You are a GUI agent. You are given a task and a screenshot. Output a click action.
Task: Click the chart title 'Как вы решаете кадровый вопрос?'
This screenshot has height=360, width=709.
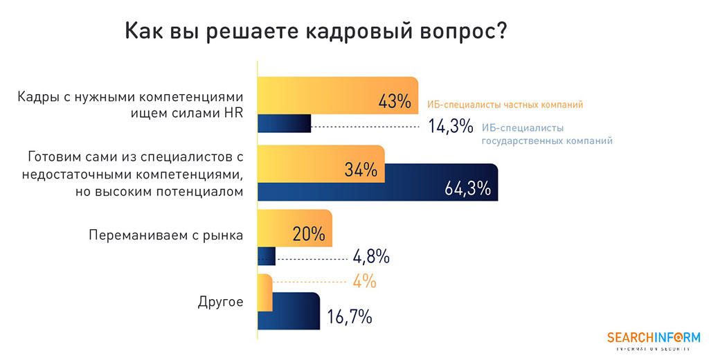pyautogui.click(x=314, y=32)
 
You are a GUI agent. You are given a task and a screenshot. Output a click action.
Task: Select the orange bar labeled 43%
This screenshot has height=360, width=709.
pyautogui.click(x=336, y=95)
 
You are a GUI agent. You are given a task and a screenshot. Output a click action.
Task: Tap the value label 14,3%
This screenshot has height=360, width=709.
pyautogui.click(x=449, y=127)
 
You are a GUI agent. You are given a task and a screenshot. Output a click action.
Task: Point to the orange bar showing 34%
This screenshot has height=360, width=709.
pyautogui.click(x=321, y=164)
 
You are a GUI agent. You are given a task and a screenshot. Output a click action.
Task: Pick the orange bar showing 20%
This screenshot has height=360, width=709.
pyautogui.click(x=294, y=228)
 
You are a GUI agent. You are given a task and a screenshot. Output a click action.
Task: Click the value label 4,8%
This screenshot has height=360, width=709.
pyautogui.click(x=371, y=257)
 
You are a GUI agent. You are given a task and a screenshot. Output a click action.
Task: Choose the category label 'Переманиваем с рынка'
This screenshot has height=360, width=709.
pyautogui.click(x=166, y=235)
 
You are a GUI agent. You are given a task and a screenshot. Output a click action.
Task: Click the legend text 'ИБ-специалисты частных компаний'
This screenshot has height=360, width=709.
pyautogui.click(x=505, y=105)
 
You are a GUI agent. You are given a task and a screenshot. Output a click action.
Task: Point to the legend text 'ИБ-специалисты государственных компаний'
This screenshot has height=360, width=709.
pyautogui.click(x=547, y=134)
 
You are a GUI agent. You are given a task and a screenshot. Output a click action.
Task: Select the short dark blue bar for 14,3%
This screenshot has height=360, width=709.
pyautogui.click(x=284, y=123)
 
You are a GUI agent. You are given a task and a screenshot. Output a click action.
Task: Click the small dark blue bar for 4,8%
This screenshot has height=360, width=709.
pyautogui.click(x=267, y=256)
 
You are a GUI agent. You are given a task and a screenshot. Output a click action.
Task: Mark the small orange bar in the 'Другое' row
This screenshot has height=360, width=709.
pyautogui.click(x=264, y=293)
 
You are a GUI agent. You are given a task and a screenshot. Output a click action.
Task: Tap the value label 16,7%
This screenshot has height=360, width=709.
pyautogui.click(x=350, y=318)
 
